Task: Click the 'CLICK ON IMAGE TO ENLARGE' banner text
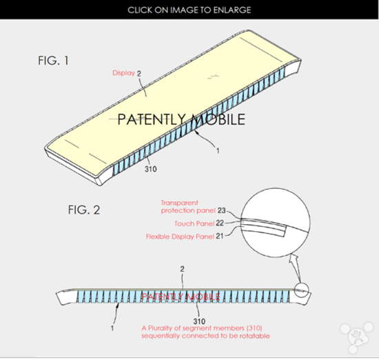coord(189,10)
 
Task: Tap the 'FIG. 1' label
coord(53,60)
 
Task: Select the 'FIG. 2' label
coord(84,210)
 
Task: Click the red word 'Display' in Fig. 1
coord(123,72)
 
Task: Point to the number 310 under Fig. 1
coord(151,169)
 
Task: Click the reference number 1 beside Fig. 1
coord(218,151)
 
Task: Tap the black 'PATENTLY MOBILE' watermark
coord(181,119)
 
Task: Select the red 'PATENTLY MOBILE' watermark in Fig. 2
coord(181,297)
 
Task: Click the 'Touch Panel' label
coord(194,223)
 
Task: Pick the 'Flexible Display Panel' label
coord(180,237)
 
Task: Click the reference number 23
coord(221,210)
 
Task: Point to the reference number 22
coord(220,223)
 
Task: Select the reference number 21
coord(219,236)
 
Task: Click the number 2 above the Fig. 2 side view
coord(182,269)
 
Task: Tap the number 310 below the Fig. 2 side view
coord(199,321)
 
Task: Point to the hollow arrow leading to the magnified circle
coord(296,268)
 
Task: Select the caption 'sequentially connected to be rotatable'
coord(205,336)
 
